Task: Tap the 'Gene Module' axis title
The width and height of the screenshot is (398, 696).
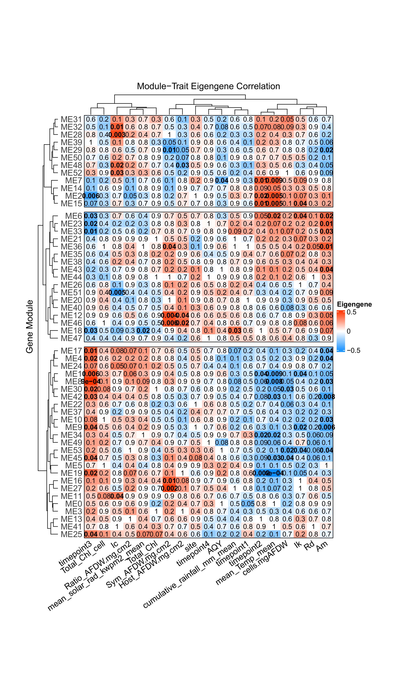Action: pyautogui.click(x=30, y=326)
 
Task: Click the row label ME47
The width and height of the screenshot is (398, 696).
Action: pyautogui.click(x=71, y=338)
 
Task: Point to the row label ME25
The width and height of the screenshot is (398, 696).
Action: pyautogui.click(x=71, y=534)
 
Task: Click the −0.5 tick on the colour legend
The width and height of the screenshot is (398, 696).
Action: pyautogui.click(x=353, y=350)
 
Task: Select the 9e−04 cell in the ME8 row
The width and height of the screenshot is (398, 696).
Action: pyautogui.click(x=91, y=381)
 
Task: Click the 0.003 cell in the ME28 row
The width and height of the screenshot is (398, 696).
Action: pyautogui.click(x=117, y=135)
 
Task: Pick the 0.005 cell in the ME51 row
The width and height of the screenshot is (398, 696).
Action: pyautogui.click(x=117, y=292)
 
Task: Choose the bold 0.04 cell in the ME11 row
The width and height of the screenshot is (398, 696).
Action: pyautogui.click(x=117, y=496)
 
